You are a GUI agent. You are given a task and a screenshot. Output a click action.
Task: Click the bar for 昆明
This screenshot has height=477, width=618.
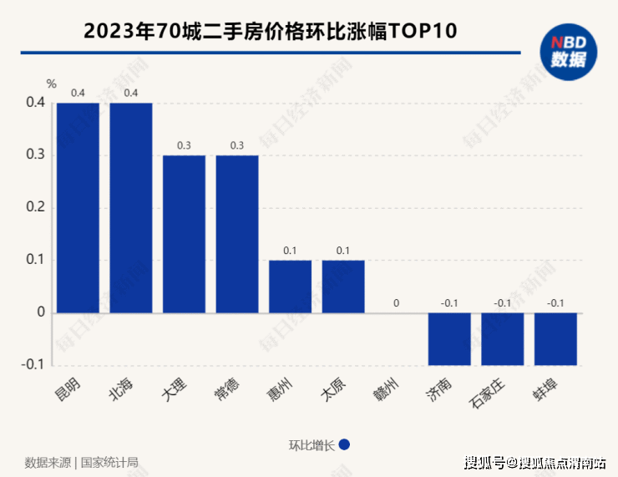[x=78, y=208]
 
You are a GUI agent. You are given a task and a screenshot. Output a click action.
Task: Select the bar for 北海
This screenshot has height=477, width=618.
[x=131, y=208]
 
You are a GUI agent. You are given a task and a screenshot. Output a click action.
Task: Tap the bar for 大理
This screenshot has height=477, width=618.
[x=184, y=234]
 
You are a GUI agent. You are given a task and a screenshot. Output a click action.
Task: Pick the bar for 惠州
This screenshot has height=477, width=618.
[x=290, y=287]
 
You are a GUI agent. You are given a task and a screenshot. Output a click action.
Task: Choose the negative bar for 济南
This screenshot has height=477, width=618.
[x=449, y=339]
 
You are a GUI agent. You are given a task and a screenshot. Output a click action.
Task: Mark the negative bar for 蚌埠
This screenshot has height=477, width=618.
[x=556, y=339]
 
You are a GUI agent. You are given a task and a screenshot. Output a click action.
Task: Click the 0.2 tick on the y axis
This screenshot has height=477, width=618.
[x=34, y=208]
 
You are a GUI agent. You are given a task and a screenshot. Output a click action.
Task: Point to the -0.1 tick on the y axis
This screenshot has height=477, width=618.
[x=33, y=365]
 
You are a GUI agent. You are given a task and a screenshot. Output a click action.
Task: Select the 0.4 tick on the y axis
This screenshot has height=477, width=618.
[x=34, y=103]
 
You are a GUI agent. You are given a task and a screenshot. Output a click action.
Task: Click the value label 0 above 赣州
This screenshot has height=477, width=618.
[x=397, y=303]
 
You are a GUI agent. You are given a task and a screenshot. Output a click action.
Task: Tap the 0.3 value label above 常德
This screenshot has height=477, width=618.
[x=237, y=145]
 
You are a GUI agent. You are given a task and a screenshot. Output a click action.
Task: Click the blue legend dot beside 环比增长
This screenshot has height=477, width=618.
[x=344, y=445]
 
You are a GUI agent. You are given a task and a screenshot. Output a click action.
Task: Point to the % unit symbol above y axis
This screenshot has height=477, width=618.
[x=52, y=84]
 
